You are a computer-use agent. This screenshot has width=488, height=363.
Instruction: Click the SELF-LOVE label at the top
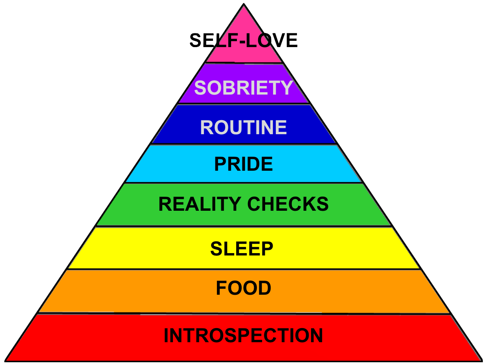244,41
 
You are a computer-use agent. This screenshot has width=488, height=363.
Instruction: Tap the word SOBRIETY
244,88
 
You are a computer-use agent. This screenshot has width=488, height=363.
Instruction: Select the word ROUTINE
244,128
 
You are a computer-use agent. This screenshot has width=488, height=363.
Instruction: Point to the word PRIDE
244,164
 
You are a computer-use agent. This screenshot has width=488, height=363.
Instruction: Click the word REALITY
200,204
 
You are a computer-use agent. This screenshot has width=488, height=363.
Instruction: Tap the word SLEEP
242,248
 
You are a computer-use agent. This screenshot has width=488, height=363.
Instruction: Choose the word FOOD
244,288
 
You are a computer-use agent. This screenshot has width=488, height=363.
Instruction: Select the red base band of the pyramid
78,341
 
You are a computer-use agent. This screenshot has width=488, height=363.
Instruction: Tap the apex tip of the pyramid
244,5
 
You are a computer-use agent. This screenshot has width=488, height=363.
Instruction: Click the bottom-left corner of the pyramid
6,359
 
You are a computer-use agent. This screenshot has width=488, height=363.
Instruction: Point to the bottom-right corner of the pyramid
481,359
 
